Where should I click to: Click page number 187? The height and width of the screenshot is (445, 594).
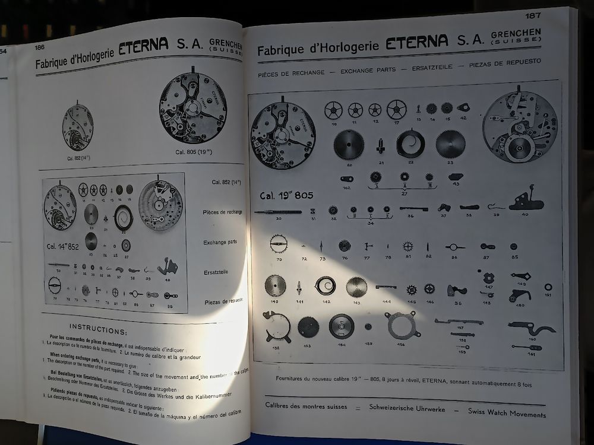pos(533,15)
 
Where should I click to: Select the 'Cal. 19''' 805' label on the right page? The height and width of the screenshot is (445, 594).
pos(286,195)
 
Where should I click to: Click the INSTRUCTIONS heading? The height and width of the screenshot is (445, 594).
pos(98,326)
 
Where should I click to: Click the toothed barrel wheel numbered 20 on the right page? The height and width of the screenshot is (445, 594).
pos(349,144)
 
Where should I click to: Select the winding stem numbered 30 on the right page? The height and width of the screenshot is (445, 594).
pos(277,212)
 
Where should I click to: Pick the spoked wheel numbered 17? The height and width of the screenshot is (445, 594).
pos(396,109)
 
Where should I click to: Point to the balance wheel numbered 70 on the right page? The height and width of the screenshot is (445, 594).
pos(278,243)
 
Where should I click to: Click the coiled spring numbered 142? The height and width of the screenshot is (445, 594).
pos(326,285)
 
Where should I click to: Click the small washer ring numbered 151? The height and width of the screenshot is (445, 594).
pos(548,287)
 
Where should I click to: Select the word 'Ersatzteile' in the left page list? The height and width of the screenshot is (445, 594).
pos(216,271)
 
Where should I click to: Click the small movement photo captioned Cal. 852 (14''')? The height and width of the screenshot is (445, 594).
pos(78,127)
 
